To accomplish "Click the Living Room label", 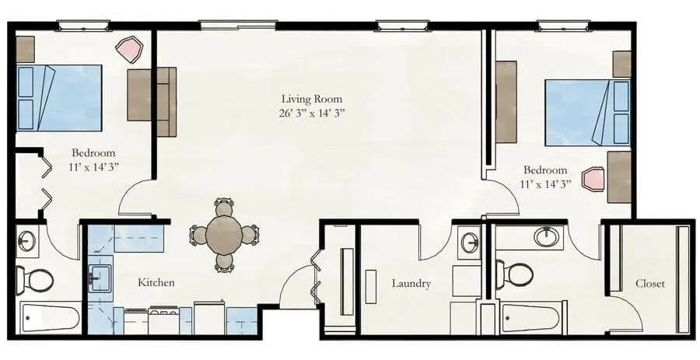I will coord(311,99).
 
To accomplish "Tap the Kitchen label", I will coord(156,282).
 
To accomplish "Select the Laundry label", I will coord(411,284).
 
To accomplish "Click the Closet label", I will coord(649,284).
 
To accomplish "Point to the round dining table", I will coord(224,234).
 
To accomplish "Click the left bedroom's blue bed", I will coord(60,98).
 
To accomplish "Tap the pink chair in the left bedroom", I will coord(128,51).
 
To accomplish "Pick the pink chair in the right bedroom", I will coord(593,178).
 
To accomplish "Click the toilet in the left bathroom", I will coord(33,278).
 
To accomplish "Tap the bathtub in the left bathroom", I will coord(51,318).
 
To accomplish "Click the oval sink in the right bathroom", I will coord(548,236).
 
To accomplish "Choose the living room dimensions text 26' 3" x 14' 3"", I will coord(311,113).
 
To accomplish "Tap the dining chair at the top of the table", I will coord(224,208).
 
